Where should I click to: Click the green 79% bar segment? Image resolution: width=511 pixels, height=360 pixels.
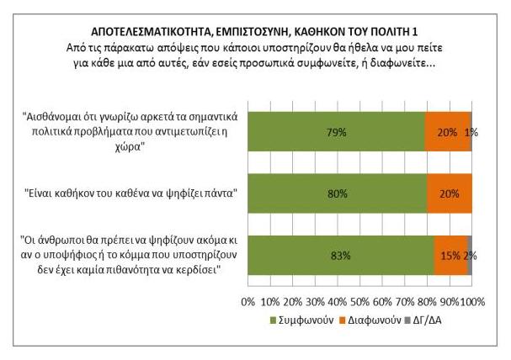[337, 132]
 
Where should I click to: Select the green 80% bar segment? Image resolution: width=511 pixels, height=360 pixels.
[338, 193]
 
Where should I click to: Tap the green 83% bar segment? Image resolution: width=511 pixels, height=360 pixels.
[341, 255]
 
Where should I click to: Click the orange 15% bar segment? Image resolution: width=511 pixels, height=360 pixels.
[450, 255]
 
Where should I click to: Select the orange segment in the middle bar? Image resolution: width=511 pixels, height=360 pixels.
[450, 193]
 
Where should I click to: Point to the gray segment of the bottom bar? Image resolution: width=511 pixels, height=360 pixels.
[470, 255]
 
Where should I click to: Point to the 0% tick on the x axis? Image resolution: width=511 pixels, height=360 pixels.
[248, 301]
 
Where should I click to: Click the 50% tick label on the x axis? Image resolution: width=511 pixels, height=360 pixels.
[360, 301]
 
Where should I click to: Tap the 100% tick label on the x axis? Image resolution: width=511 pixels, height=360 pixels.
[472, 301]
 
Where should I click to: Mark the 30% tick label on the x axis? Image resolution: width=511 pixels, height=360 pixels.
[316, 301]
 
